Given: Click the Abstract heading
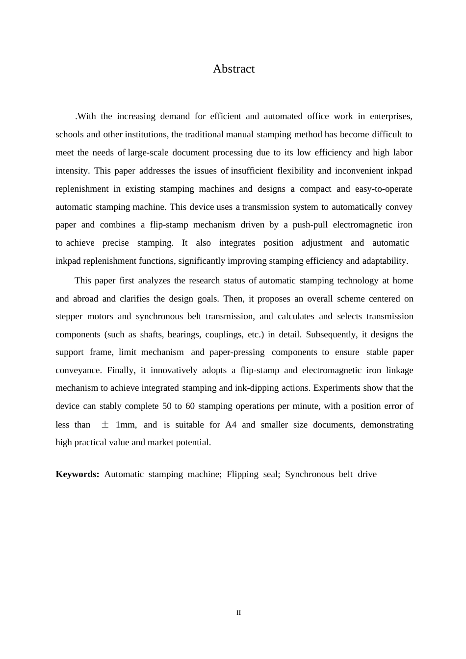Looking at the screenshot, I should (x=233, y=69).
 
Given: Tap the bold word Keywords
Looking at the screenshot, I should (x=78, y=474).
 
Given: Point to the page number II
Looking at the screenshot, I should (x=239, y=613).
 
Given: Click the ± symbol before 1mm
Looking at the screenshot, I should (x=105, y=425).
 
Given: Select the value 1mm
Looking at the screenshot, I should (x=126, y=425).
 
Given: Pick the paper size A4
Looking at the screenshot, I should (x=231, y=425).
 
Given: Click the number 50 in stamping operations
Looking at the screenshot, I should (x=167, y=406).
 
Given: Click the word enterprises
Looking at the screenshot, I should (x=390, y=117).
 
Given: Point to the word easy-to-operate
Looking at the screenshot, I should (x=386, y=189).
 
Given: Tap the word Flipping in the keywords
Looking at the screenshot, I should (x=242, y=474).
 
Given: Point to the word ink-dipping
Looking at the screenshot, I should (x=258, y=388).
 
